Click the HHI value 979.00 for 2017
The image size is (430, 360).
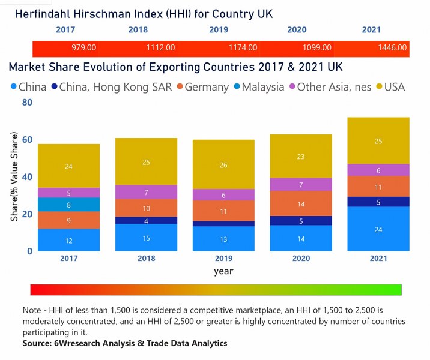click(x=83, y=47)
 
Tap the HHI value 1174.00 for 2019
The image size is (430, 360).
click(x=244, y=47)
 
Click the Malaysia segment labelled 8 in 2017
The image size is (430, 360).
click(x=69, y=205)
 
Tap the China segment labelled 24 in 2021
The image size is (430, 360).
click(x=378, y=229)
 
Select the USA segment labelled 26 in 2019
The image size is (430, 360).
click(x=223, y=165)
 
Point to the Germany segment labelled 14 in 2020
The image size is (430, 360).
click(x=301, y=203)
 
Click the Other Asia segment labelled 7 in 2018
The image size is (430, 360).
click(x=146, y=192)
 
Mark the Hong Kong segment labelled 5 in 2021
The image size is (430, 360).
click(x=378, y=202)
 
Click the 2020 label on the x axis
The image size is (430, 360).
click(x=301, y=259)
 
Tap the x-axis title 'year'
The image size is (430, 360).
click(x=223, y=271)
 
